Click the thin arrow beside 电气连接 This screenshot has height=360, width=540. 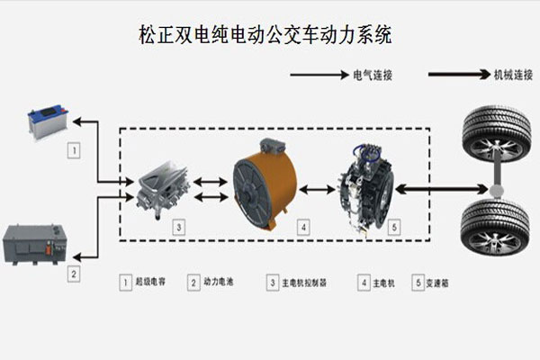(318, 76)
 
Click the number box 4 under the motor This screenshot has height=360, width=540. (303, 228)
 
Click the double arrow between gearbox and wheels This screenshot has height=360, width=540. (440, 189)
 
